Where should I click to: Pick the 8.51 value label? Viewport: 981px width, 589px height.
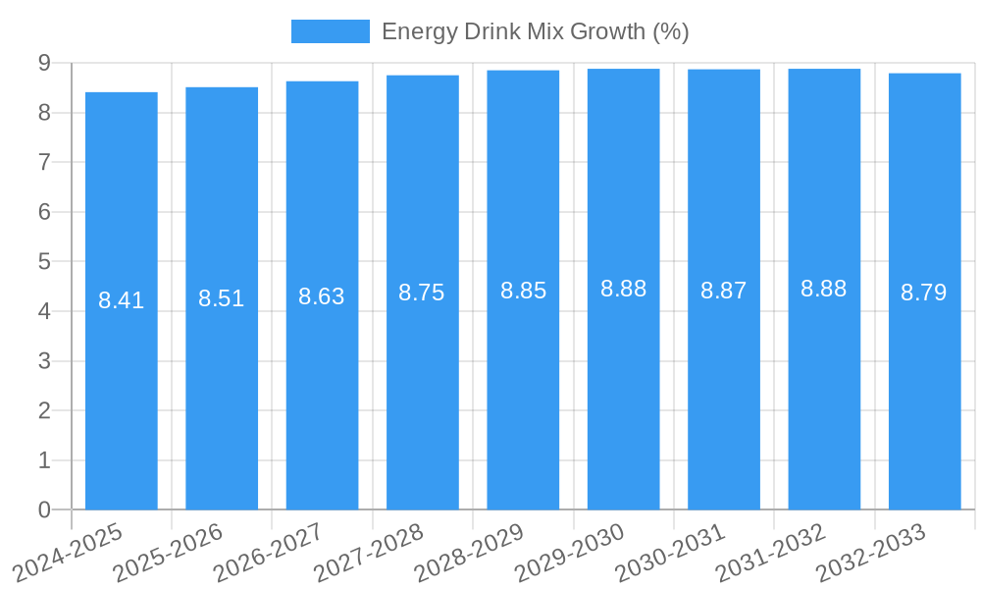coord(222,298)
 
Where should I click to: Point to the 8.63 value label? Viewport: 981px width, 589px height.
coord(322,296)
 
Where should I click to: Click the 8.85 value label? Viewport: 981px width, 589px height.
coord(523,291)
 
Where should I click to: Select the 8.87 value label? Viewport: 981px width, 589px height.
coord(724,291)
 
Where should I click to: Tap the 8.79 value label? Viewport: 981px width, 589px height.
coord(924,293)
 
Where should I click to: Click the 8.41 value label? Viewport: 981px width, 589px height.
coord(122,300)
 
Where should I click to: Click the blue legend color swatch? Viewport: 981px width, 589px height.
coord(331,31)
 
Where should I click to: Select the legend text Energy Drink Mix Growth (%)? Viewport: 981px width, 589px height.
coord(536,31)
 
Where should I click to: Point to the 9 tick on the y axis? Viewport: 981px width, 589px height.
coord(44,63)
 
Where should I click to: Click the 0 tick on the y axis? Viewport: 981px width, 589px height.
coord(44,509)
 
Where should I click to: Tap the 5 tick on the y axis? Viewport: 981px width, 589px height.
coord(44,261)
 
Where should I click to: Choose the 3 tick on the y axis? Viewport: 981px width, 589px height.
coord(44,361)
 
